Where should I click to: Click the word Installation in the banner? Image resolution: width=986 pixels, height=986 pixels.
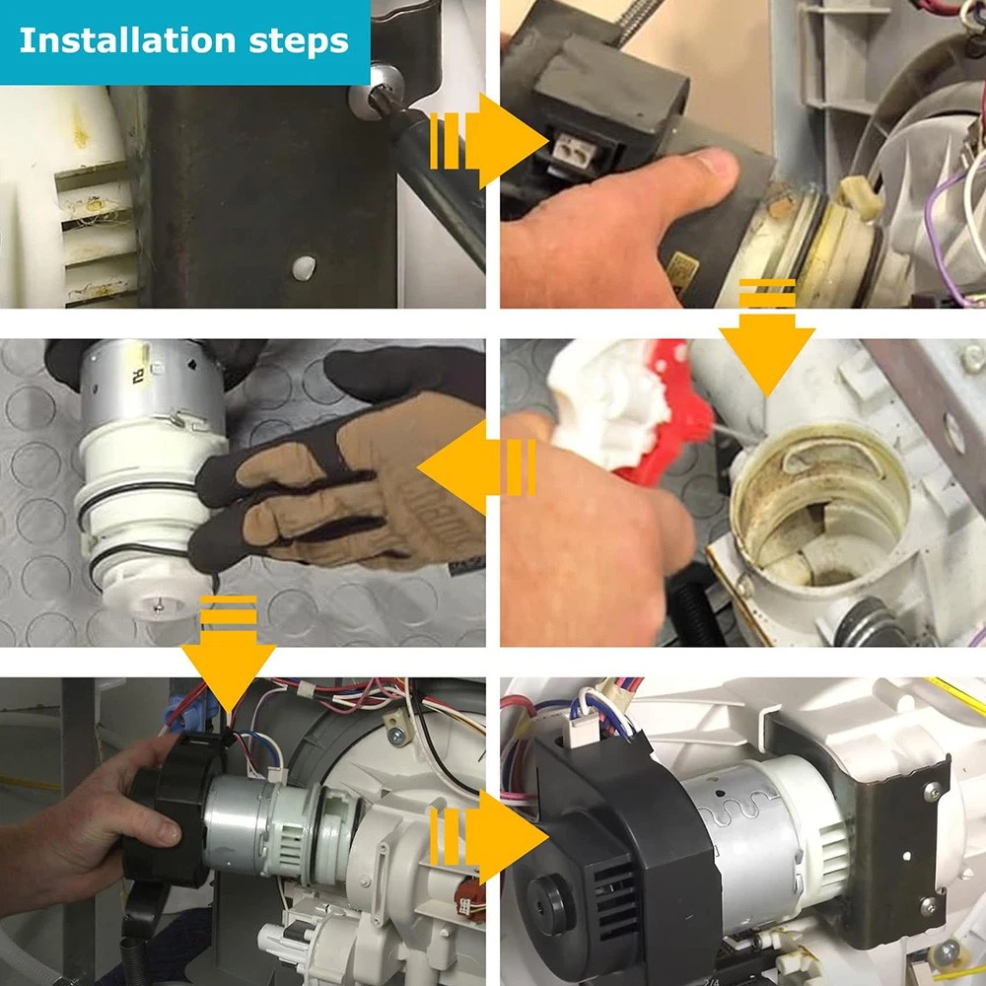(x=127, y=40)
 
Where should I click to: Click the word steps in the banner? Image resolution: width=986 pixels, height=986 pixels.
(x=299, y=42)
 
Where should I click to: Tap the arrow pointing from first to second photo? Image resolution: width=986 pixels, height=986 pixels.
(x=488, y=141)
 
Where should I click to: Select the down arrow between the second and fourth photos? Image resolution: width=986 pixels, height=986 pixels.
(x=767, y=337)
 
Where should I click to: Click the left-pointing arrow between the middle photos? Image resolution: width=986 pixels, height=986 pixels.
(x=476, y=467)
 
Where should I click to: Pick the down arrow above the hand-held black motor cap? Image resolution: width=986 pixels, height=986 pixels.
(x=229, y=654)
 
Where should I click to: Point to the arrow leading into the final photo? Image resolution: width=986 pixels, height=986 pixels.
(x=489, y=837)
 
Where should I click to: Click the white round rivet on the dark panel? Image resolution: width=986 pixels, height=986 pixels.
(x=305, y=268)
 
